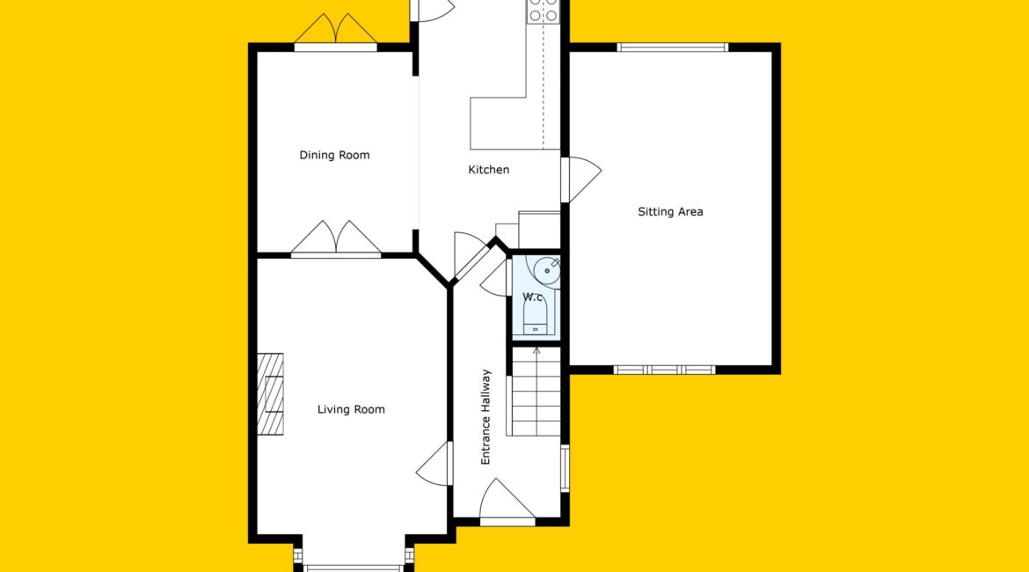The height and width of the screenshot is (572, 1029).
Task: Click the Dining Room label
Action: tap(335, 156)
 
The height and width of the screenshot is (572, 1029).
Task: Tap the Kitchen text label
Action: tap(489, 170)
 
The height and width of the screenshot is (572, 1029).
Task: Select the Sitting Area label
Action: tap(671, 212)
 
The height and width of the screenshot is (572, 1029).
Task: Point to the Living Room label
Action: tap(351, 410)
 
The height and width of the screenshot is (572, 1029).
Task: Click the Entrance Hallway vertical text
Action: tap(485, 417)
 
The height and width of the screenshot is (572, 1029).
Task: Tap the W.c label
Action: tap(534, 297)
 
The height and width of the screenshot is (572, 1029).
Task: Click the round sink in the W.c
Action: tap(547, 270)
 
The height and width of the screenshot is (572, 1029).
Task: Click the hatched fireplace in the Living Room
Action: tap(270, 394)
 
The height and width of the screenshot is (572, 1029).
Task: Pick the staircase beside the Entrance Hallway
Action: tap(536, 392)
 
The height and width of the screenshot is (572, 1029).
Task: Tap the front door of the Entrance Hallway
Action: tap(507, 502)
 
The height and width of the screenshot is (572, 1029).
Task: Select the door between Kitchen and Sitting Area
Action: tap(580, 180)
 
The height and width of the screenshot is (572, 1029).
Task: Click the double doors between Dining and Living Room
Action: tap(336, 238)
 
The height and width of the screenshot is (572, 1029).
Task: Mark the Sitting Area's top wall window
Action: tap(673, 48)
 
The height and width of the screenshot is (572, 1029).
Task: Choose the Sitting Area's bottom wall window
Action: tap(664, 370)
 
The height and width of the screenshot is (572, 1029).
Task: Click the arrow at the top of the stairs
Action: tap(536, 351)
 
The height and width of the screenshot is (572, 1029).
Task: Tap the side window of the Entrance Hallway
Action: tap(565, 467)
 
